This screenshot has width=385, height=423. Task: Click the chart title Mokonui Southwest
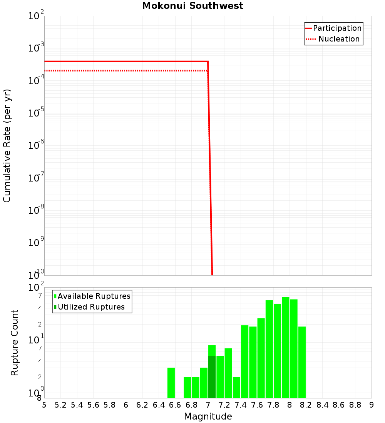[192, 6]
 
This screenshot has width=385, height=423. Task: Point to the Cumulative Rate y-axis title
[7, 146]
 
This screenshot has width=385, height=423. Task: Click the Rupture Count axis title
[15, 343]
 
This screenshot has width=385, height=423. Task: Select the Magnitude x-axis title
[208, 416]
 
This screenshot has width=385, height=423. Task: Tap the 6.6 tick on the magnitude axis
[175, 405]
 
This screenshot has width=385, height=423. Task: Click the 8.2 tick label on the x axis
[306, 405]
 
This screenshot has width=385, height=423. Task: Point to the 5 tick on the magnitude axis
[44, 405]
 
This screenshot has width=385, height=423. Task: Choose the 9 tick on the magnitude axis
[372, 405]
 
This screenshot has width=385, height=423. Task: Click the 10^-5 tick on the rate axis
[35, 112]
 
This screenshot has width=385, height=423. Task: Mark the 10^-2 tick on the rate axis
[35, 16]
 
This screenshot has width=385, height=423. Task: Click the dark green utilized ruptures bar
[212, 377]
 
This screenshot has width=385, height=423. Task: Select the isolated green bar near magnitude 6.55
[171, 383]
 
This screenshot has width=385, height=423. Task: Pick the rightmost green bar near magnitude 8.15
[302, 362]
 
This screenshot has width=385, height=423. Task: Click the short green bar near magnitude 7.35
[236, 387]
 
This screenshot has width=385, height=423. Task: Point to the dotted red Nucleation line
[127, 71]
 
